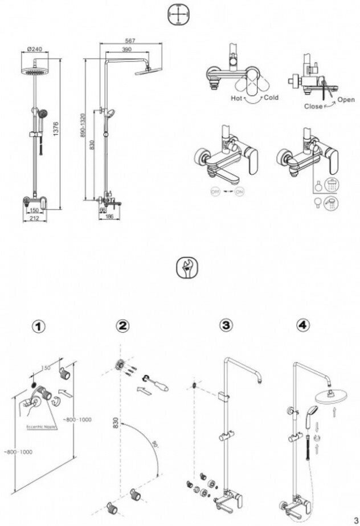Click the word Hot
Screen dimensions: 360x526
[237, 98]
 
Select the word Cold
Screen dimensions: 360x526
[271, 98]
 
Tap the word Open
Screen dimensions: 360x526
[345, 99]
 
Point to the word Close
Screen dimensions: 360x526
[313, 106]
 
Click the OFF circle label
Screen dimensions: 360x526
[215, 192]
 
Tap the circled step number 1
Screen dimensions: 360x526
[38, 326]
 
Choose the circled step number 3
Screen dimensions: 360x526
[226, 326]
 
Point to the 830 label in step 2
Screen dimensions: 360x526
[116, 423]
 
